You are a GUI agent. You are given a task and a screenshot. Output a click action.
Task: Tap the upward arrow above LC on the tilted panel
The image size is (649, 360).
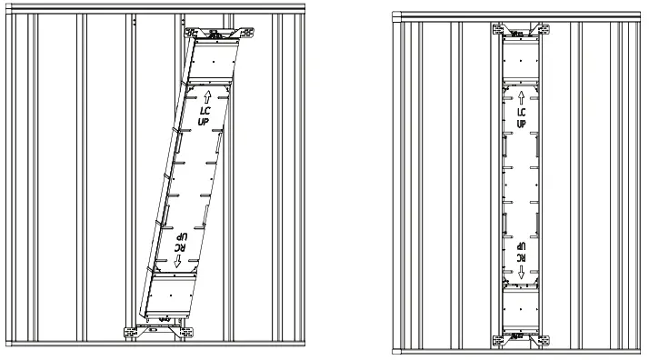(x=207, y=94)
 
